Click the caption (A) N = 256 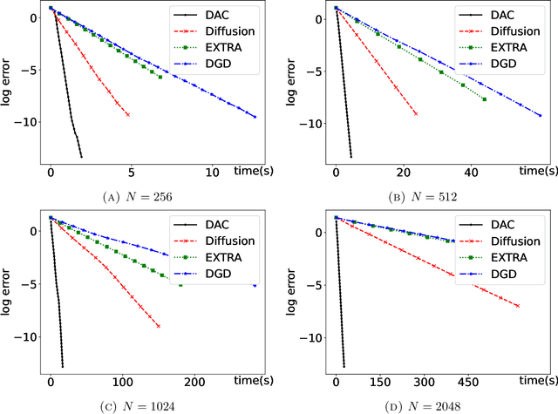[x=138, y=196]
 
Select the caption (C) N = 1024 [x=138, y=404]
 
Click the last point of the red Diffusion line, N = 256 [x=128, y=114]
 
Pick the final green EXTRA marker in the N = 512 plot [x=484, y=99]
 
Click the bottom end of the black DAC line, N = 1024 [x=63, y=366]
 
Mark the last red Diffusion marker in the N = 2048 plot [x=519, y=306]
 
